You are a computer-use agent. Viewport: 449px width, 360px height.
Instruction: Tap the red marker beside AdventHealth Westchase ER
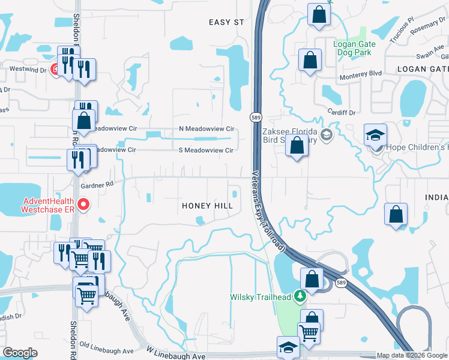pyautogui.click(x=84, y=205)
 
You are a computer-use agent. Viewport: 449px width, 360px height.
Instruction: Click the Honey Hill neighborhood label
pyautogui.click(x=207, y=206)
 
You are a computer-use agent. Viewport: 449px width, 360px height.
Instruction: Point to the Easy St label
pyautogui.click(x=226, y=22)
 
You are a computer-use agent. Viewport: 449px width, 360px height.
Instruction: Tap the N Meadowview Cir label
pyautogui.click(x=206, y=129)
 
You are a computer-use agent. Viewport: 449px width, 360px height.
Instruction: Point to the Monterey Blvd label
pyautogui.click(x=361, y=73)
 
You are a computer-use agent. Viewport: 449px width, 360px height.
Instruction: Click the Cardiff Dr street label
pyautogui.click(x=342, y=112)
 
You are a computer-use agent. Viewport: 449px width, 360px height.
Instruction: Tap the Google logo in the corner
pyautogui.click(x=20, y=353)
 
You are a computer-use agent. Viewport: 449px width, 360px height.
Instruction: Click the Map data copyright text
pyautogui.click(x=412, y=355)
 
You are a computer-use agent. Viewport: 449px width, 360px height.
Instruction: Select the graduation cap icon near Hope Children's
pyautogui.click(x=375, y=135)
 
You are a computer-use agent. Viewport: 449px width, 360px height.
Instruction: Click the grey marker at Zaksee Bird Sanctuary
pyautogui.click(x=327, y=134)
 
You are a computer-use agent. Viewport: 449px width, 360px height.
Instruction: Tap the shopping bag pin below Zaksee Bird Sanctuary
pyautogui.click(x=297, y=146)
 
